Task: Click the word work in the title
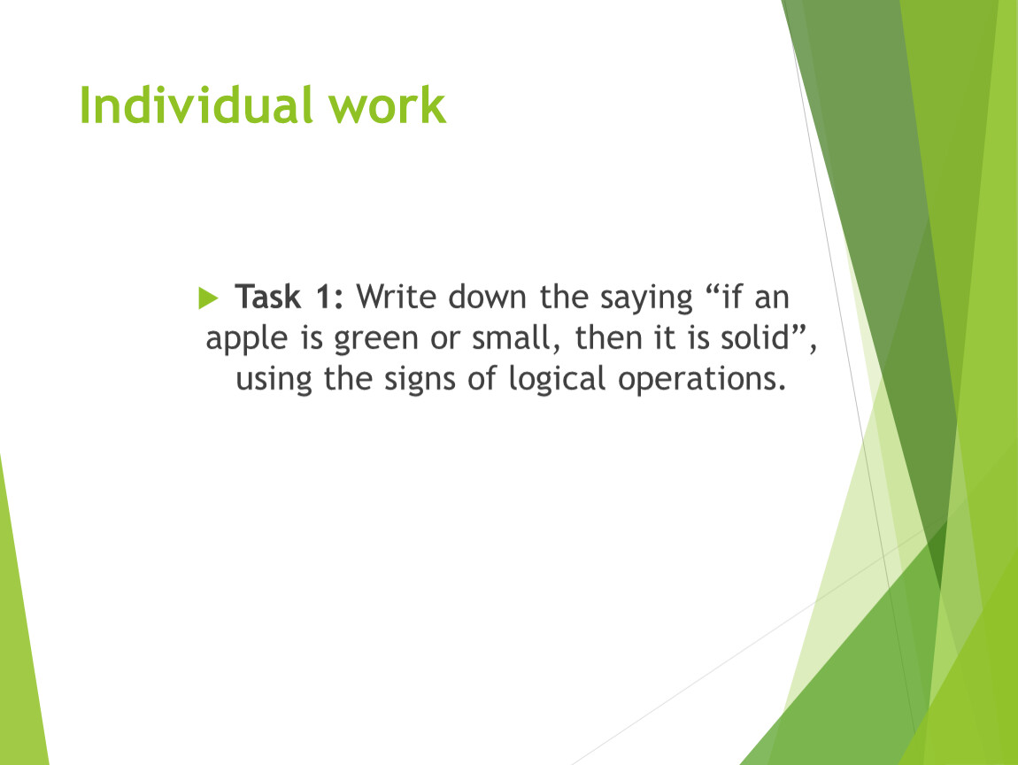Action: coord(387,105)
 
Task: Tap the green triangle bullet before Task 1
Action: coord(208,298)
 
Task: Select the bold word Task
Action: coord(267,297)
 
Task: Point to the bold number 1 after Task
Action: coord(323,297)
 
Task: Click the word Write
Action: coord(397,297)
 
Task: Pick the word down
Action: coord(487,297)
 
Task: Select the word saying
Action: coord(646,299)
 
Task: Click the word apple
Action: coord(246,340)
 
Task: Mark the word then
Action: coord(604,337)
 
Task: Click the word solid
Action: coord(754,337)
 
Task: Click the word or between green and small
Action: coord(444,340)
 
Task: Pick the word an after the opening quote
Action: coord(771,299)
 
